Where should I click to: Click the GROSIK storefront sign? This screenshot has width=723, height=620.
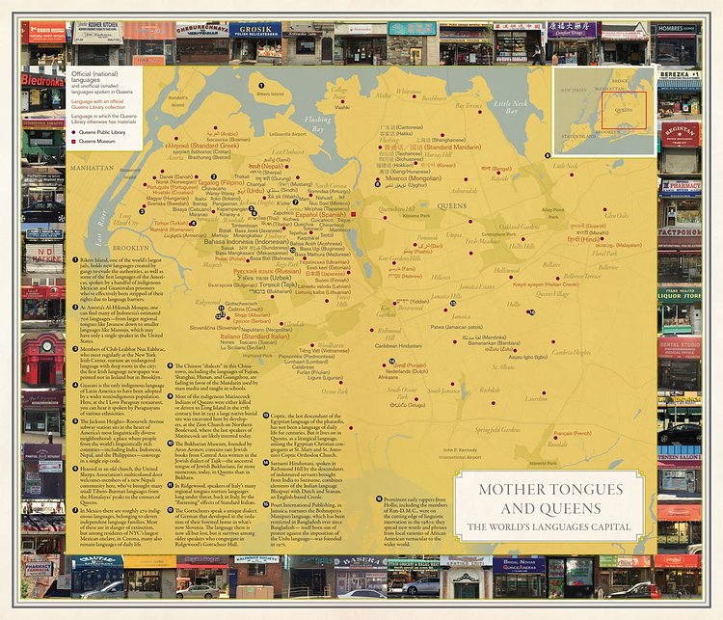tap(254, 29)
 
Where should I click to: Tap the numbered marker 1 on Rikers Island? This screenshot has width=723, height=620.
tap(260, 85)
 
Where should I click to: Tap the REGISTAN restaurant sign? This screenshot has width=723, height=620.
tap(681, 137)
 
